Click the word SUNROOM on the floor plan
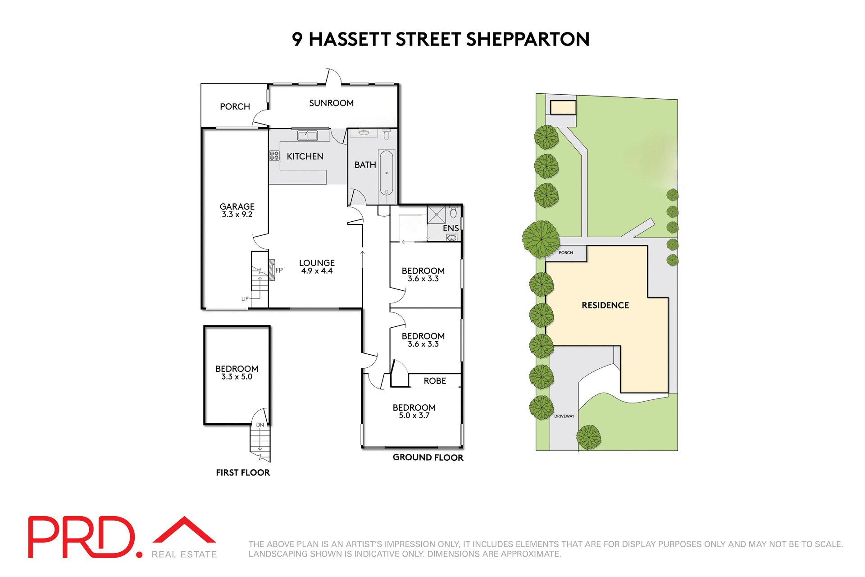(x=331, y=103)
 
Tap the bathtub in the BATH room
(x=387, y=173)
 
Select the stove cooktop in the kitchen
(x=274, y=156)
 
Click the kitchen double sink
(x=307, y=135)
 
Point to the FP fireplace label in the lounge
(x=279, y=270)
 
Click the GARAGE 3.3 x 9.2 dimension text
(x=237, y=215)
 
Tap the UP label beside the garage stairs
(x=245, y=299)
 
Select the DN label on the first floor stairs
(x=260, y=425)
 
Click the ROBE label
(x=435, y=381)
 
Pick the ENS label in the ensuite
(x=451, y=228)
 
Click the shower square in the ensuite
(x=436, y=215)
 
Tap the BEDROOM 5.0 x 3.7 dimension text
(x=414, y=416)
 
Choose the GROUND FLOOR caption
(x=428, y=458)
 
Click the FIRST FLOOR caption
(x=243, y=472)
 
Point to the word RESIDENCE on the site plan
(x=605, y=305)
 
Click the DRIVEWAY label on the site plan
(x=564, y=416)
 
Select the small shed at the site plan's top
(x=563, y=107)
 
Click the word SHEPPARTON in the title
(x=528, y=39)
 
